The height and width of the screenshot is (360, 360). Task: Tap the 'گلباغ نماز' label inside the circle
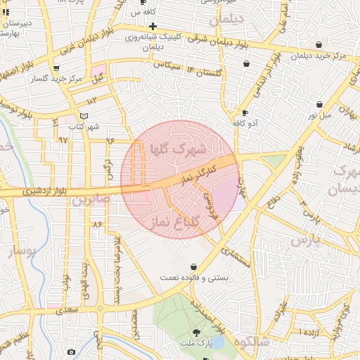[175, 223]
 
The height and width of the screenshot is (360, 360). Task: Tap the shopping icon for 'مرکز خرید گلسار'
[56, 68]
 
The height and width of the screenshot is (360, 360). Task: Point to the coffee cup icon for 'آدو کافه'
[245, 112]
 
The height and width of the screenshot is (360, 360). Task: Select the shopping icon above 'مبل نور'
[319, 104]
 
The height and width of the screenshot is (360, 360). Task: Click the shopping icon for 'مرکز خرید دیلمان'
[320, 44]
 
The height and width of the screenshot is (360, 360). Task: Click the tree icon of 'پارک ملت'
[196, 333]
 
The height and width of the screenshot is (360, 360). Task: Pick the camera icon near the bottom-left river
[71, 352]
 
